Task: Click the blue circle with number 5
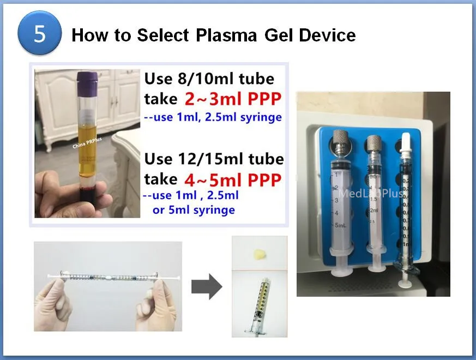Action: tap(40, 33)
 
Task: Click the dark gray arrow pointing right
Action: tap(207, 286)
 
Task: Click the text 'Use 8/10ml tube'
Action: tap(209, 80)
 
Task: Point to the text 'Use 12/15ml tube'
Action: tap(214, 159)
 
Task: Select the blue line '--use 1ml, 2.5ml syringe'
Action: tap(212, 117)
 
